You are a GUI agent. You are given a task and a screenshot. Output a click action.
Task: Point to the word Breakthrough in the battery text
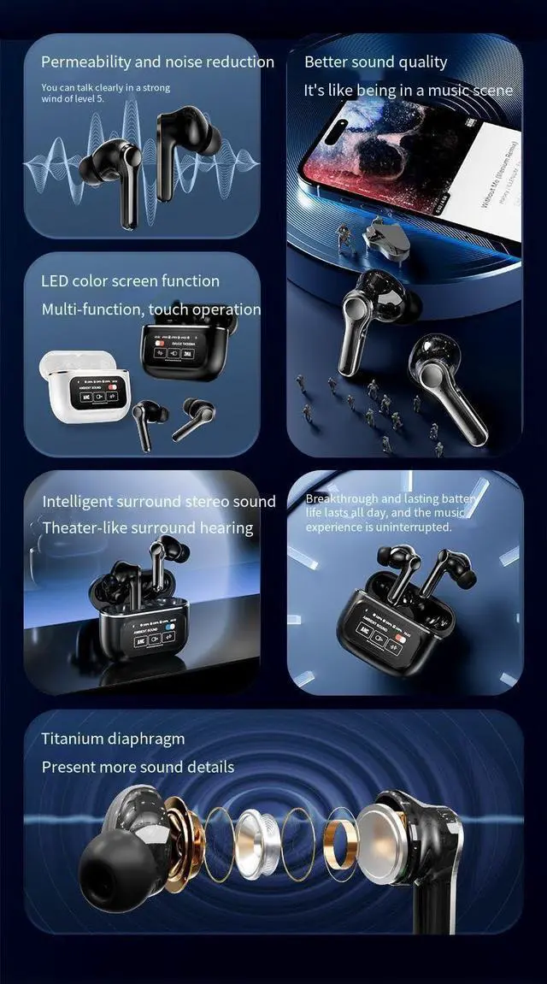click(x=341, y=498)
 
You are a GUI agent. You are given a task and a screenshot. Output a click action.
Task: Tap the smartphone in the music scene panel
click(x=410, y=162)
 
